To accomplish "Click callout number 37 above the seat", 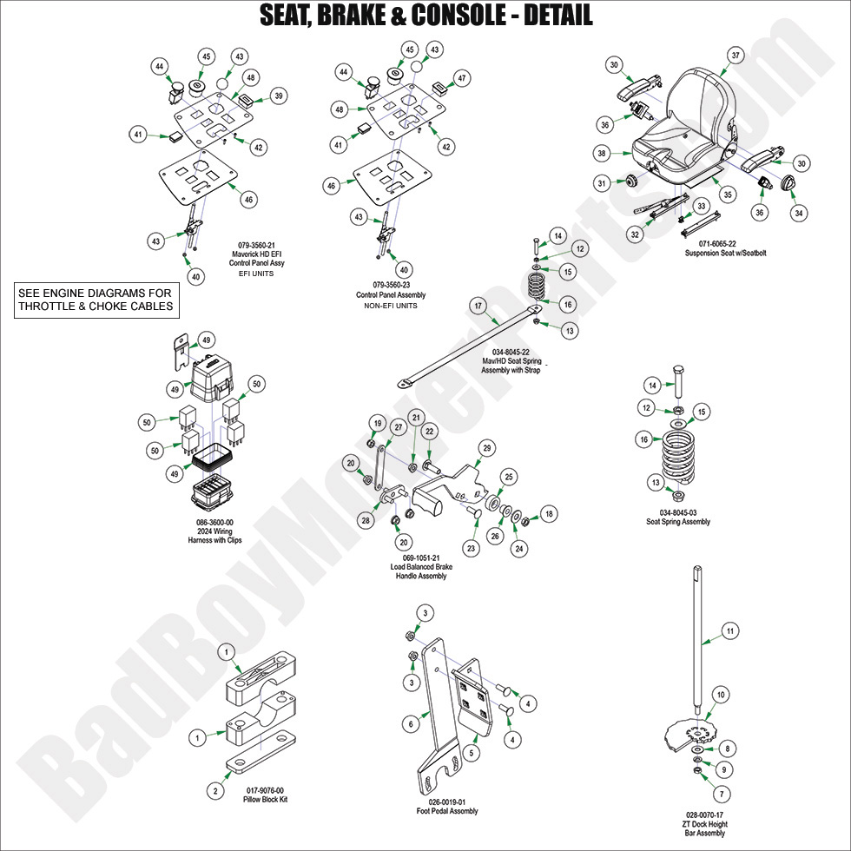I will [x=736, y=56].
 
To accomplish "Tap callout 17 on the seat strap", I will [x=477, y=306].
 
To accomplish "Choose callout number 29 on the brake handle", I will [x=487, y=447].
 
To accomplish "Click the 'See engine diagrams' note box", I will [x=96, y=299].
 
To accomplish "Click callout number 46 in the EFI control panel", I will [x=248, y=200].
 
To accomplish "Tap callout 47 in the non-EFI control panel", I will [x=462, y=78].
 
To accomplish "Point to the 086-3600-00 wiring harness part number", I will [x=214, y=522].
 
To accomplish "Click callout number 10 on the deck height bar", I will [x=720, y=694].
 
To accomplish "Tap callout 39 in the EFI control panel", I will [x=278, y=96].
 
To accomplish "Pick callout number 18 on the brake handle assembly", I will [x=548, y=514].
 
